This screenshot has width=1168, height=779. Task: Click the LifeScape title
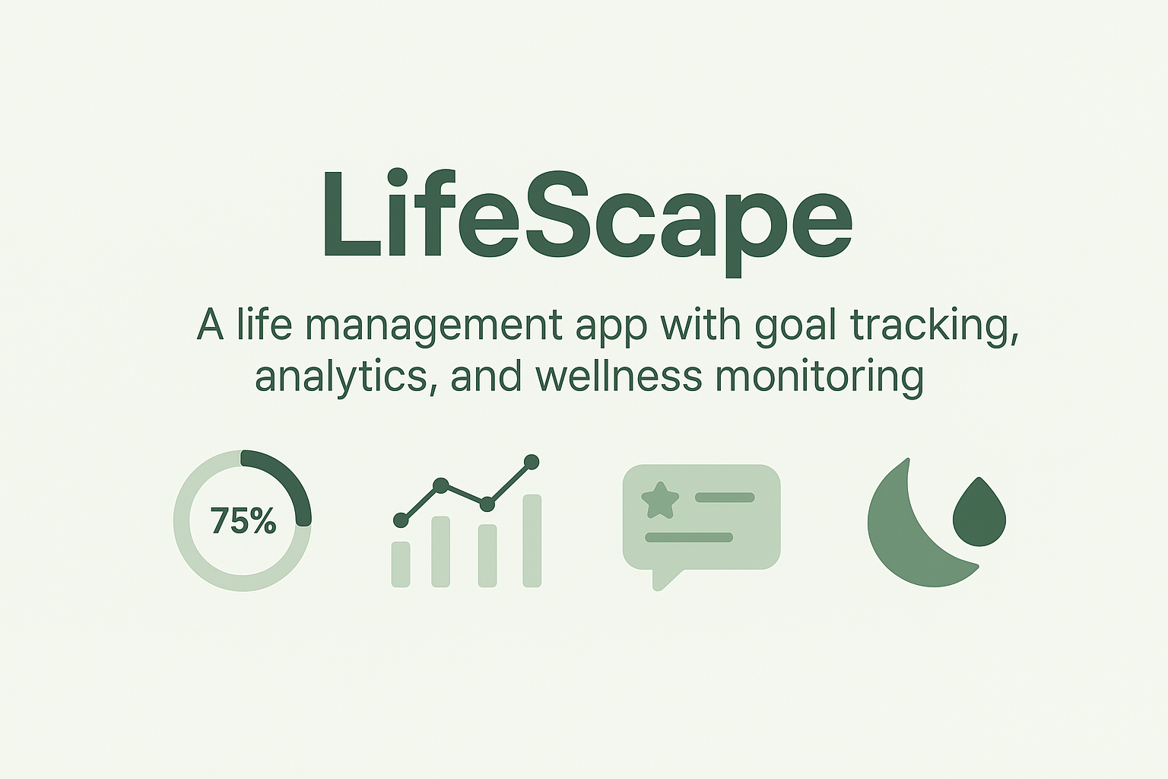(x=586, y=217)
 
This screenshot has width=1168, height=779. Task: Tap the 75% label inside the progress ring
(x=243, y=521)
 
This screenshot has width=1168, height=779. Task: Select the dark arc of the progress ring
(x=289, y=479)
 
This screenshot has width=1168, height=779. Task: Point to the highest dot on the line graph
(x=532, y=462)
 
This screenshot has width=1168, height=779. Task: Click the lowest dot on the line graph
(x=401, y=520)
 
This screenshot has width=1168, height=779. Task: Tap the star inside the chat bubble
(x=659, y=500)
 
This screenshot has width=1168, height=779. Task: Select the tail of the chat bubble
(x=662, y=579)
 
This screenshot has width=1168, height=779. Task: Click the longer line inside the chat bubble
(x=689, y=537)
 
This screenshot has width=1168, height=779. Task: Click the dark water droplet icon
(x=979, y=514)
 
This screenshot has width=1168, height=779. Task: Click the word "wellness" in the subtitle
(x=618, y=376)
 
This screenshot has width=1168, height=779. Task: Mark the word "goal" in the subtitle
(x=796, y=326)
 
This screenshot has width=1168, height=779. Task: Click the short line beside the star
(x=725, y=498)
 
